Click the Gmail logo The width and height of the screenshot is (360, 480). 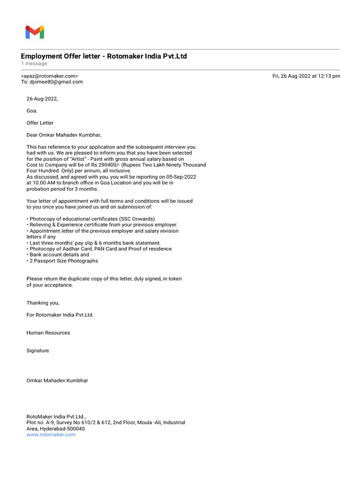[x=35, y=32]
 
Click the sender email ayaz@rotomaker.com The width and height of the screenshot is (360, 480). [x=49, y=76]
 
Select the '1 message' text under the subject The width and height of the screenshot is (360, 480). [x=34, y=63]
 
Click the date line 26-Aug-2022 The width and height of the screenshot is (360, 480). [x=42, y=99]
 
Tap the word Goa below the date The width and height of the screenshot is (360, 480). [x=31, y=111]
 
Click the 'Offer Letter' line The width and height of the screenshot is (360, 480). [x=40, y=123]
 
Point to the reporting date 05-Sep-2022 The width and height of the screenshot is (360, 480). [x=180, y=177]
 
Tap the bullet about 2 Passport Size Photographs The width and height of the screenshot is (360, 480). [x=63, y=261]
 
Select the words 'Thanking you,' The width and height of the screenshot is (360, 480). [x=43, y=303]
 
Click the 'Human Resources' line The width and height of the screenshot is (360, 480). [x=48, y=333]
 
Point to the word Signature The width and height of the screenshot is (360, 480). [x=37, y=351]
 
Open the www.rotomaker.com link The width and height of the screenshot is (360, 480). [x=51, y=435]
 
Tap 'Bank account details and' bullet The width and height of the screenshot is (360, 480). [x=59, y=255]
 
